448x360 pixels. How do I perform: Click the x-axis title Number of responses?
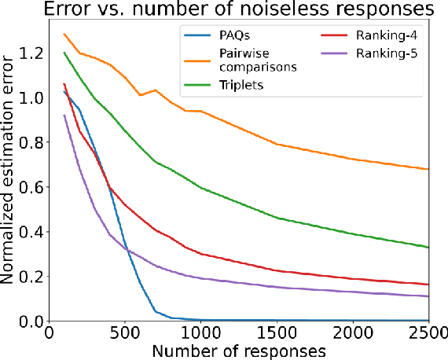click(239, 349)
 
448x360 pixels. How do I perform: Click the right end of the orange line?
click(428, 169)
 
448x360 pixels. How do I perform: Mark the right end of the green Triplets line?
click(428, 248)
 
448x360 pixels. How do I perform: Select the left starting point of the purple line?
click(64, 116)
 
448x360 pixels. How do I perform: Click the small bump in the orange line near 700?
click(155, 90)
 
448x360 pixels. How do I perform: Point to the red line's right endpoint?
click(428, 285)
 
